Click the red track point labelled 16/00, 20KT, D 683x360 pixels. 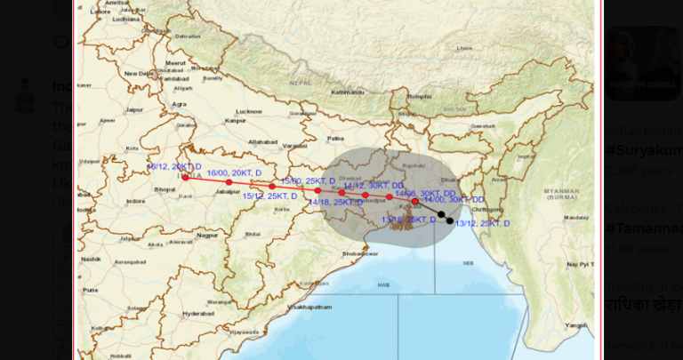tap(229, 182)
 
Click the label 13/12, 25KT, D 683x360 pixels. tap(483, 223)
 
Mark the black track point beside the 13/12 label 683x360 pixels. tap(450, 220)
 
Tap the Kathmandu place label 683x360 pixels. tap(348, 92)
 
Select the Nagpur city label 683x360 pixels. tap(207, 235)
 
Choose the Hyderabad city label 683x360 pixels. tap(198, 313)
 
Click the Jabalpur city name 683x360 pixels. tap(229, 191)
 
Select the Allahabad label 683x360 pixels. tap(263, 141)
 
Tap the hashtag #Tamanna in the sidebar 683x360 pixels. tap(642, 228)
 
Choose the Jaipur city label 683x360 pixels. tap(134, 110)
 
